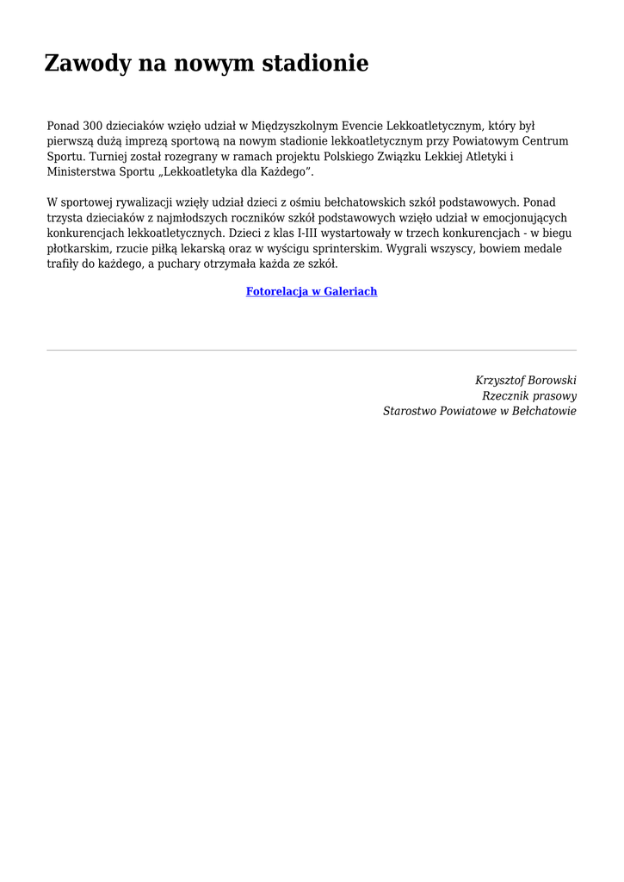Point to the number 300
92,126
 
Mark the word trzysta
65,219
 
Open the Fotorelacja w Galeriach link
312,292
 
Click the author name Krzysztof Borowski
525,381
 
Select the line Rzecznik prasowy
529,396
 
